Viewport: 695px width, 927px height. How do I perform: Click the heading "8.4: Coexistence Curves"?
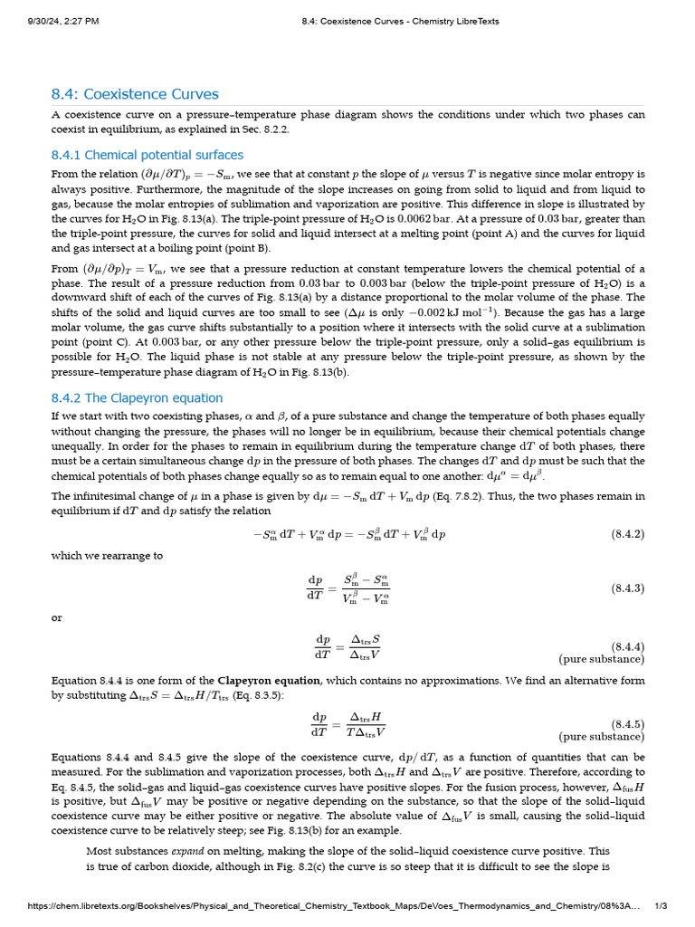pos(135,94)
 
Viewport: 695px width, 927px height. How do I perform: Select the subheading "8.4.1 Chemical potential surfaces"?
pos(148,155)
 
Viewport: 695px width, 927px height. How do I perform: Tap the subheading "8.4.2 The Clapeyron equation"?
pos(137,397)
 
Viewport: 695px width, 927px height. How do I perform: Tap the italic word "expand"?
pos(186,851)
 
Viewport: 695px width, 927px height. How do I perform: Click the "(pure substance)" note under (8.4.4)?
pos(601,659)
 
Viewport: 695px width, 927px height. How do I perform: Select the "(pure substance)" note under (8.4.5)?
pos(601,737)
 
